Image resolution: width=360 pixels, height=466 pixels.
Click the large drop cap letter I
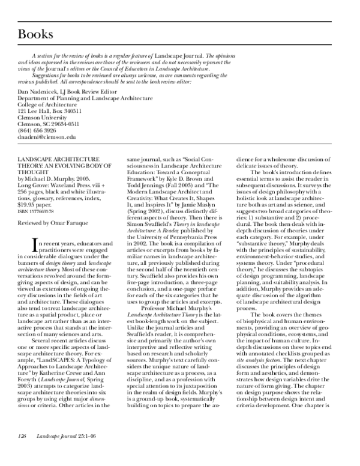pyautogui.click(x=23, y=243)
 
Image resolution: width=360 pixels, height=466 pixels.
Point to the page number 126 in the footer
pyautogui.click(x=23, y=450)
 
